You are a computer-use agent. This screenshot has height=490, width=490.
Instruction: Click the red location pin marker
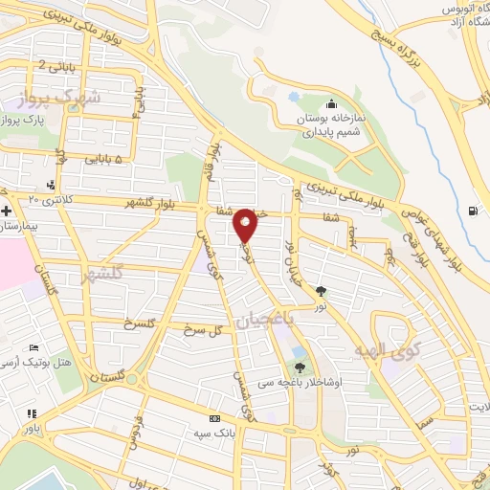click(x=245, y=226)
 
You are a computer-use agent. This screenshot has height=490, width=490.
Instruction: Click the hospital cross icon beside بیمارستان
click(x=7, y=210)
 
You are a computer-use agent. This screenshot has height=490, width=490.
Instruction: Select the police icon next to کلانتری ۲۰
click(x=50, y=184)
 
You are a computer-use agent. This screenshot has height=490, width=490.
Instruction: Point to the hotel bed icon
click(x=35, y=346)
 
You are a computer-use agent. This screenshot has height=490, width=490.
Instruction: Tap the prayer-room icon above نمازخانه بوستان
click(x=331, y=104)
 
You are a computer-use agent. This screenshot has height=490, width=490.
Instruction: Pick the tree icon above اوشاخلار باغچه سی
click(x=301, y=367)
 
